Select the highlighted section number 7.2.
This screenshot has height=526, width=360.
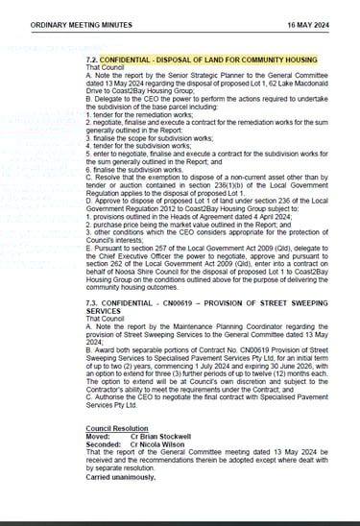94,59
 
